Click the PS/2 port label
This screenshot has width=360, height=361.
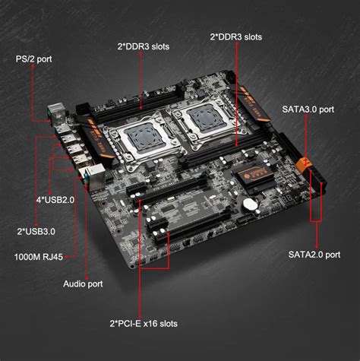point(34,58)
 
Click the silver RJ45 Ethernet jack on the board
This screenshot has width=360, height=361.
point(90,177)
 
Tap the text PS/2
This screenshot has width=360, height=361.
point(25,58)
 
